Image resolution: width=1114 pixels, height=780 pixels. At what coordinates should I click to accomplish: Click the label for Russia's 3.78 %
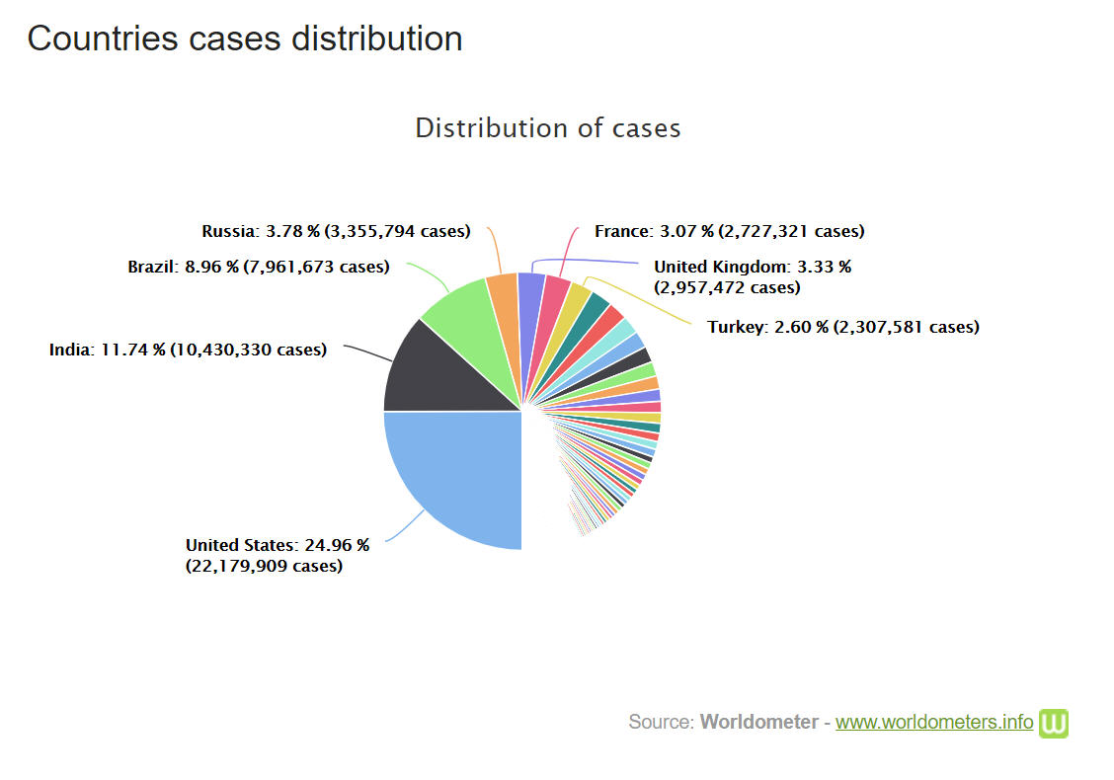coord(336,231)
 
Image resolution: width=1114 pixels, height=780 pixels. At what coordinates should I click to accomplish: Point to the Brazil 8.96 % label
coord(258,267)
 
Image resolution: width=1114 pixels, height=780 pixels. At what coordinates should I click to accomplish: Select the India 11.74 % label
coord(188,349)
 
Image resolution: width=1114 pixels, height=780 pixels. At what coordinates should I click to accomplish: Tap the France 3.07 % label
coord(729,231)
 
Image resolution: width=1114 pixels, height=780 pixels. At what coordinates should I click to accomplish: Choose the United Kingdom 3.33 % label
coord(752,276)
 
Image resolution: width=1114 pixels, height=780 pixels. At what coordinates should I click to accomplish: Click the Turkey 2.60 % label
coord(842,327)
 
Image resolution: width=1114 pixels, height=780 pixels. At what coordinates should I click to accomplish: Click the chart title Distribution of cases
coord(547,128)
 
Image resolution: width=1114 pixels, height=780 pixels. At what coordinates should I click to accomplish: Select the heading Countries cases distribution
coord(245,39)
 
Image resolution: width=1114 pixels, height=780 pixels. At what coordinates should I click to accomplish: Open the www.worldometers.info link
coord(933,722)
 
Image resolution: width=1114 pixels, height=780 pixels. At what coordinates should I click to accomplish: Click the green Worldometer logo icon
coord(1054,723)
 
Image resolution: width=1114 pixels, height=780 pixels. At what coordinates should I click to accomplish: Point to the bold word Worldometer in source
coord(758,722)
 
